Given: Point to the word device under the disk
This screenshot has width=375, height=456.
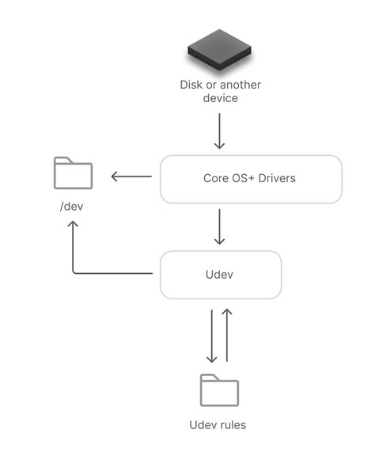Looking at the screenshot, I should (219, 98).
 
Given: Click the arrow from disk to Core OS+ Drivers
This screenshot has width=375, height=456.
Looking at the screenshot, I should (220, 131).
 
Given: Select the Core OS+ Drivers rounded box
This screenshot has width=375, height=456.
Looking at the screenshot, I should (251, 178).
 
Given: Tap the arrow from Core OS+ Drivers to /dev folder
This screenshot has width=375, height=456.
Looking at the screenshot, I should (131, 177).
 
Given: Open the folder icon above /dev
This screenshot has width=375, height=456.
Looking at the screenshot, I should (73, 173).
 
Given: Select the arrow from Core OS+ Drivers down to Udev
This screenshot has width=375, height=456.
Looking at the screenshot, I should (220, 227).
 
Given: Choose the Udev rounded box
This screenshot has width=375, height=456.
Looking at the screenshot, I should (221, 274).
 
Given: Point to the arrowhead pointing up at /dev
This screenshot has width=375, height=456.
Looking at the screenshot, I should (73, 225).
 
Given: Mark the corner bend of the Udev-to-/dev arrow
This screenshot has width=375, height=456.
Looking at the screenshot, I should (74, 272).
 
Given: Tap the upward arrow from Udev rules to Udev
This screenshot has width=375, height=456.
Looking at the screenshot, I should (227, 335).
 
